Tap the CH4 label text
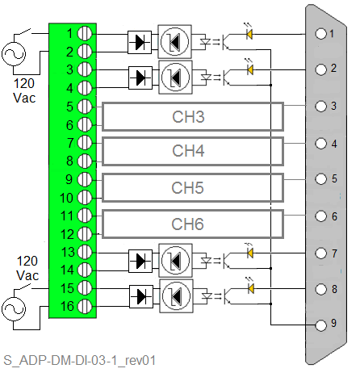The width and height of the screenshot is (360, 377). tap(188, 151)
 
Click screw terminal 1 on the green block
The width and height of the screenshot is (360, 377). tap(85, 33)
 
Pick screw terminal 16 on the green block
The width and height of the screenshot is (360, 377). tap(85, 306)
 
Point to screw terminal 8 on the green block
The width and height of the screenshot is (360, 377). tap(85, 161)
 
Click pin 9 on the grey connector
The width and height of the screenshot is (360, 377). tap(320, 325)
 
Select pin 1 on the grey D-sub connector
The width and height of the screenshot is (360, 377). tap(320, 34)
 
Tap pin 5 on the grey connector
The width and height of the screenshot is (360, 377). tap(320, 179)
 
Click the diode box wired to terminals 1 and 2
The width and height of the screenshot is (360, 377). tap(140, 42)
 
